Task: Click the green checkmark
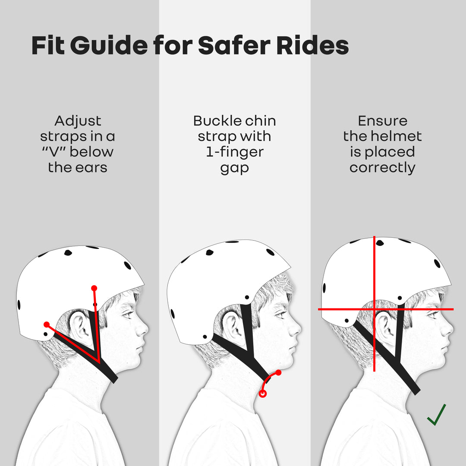tap(437, 415)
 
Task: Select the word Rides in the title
tap(312, 46)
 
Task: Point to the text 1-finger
tap(235, 152)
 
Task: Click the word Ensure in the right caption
tap(382, 121)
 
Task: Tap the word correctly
tap(382, 168)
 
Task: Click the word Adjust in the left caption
tap(78, 121)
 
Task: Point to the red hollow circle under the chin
tap(262, 394)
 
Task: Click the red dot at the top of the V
tap(94, 288)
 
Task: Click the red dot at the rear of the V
tap(47, 324)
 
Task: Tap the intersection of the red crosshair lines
tap(374, 309)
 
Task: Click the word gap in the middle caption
tap(234, 168)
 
